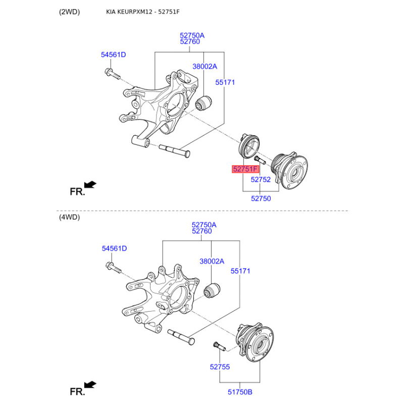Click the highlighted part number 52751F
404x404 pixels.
coord(245,169)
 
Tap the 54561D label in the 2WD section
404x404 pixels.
coord(113,55)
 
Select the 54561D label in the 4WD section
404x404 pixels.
coord(114,248)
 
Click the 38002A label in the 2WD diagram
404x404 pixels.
coord(205,66)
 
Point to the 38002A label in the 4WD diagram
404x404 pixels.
coord(212,261)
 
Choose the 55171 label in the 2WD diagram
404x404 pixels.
coord(225,82)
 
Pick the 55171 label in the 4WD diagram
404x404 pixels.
coord(240,271)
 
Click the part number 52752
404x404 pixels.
coord(261,179)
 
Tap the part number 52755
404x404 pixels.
coord(220,367)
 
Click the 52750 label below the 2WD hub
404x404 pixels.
coord(261,198)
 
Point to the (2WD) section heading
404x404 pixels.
coord(69,12)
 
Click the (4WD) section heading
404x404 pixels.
coord(69,217)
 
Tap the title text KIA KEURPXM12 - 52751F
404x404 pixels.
coord(142,12)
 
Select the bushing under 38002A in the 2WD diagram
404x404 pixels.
coord(204,103)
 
